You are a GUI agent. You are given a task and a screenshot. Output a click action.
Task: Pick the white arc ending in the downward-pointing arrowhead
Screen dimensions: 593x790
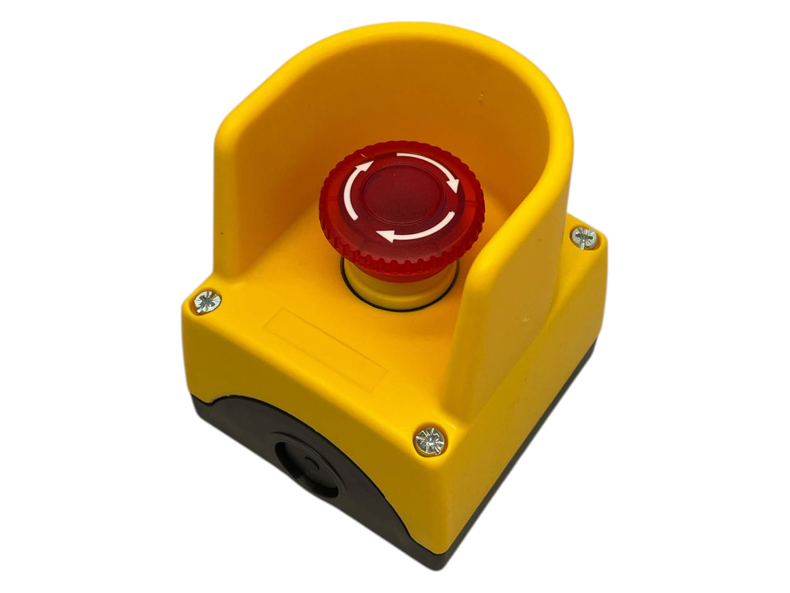click(x=432, y=162)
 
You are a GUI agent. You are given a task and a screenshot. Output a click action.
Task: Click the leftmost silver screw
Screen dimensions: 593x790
click(x=207, y=301)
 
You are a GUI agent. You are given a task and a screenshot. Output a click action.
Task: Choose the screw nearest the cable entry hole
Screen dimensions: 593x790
click(x=430, y=441)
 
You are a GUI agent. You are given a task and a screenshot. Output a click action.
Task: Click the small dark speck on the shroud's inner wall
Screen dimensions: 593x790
click(x=481, y=96)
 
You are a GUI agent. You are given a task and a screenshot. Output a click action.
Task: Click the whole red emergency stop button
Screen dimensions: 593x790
click(x=401, y=210)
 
